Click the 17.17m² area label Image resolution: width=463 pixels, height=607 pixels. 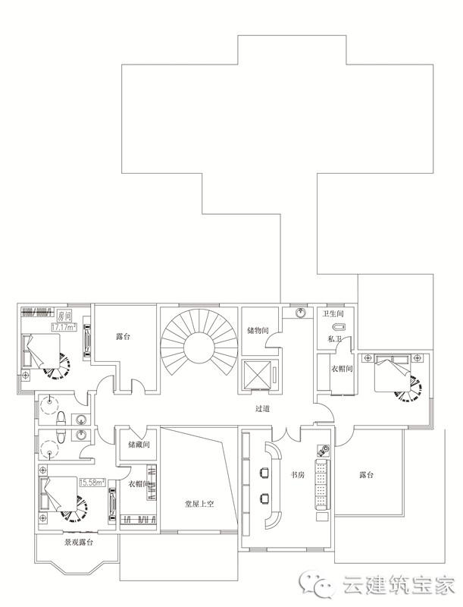[64, 327]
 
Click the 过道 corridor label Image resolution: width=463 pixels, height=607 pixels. [264, 409]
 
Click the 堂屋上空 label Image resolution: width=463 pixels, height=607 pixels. [200, 503]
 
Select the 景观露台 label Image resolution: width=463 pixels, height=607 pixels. [78, 543]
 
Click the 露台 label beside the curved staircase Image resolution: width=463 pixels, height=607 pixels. [125, 335]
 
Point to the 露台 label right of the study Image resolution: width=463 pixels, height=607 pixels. [367, 476]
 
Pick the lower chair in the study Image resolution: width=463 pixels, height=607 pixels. [265, 498]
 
